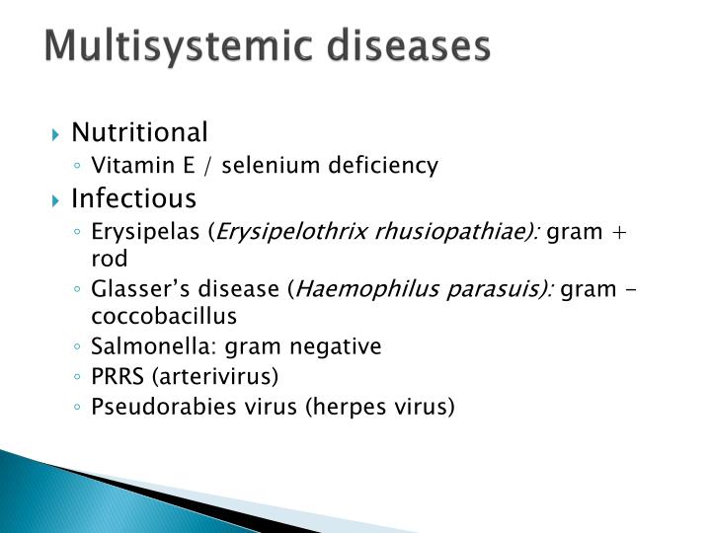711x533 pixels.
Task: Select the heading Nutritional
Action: tap(139, 132)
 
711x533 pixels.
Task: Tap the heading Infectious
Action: tap(133, 198)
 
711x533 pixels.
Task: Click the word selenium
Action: tap(264, 166)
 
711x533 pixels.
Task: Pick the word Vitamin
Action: tap(123, 166)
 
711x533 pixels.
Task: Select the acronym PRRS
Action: tap(115, 376)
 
